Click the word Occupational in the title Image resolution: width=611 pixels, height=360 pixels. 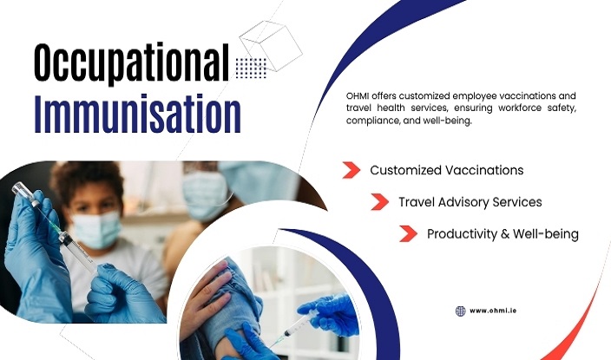click(x=130, y=62)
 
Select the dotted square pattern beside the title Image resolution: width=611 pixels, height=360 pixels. click(x=251, y=68)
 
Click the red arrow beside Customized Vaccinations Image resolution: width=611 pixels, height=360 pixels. click(x=351, y=170)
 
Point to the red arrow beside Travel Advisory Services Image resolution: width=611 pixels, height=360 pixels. click(x=379, y=202)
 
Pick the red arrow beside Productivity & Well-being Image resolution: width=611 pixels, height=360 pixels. click(x=408, y=233)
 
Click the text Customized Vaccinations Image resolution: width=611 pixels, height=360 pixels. click(x=446, y=170)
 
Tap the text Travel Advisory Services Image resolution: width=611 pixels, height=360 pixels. click(x=470, y=202)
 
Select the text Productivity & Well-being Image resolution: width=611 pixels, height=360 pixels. click(x=503, y=234)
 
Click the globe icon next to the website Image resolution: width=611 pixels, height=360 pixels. click(x=461, y=311)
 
